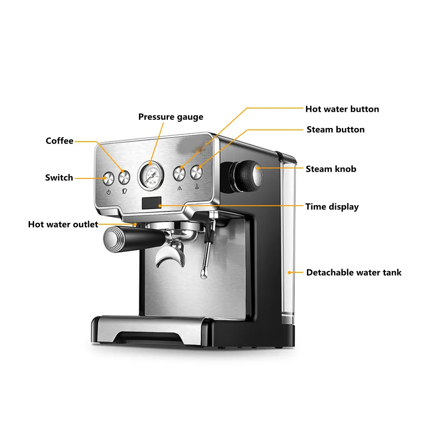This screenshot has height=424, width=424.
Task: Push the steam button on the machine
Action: [x=197, y=173]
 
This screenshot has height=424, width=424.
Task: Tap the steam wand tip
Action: [x=202, y=275]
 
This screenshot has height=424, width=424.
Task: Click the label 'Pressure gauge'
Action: [x=171, y=117]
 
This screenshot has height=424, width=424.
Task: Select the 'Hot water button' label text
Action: [x=342, y=109]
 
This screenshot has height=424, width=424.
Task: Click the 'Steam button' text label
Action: [x=335, y=130]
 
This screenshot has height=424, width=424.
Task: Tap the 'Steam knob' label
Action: [x=331, y=169]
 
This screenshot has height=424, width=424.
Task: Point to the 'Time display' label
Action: [x=332, y=207]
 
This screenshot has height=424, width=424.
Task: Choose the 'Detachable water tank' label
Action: [x=354, y=273]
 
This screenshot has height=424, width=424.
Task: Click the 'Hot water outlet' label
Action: [x=63, y=224]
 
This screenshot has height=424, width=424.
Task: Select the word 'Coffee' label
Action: [x=59, y=141]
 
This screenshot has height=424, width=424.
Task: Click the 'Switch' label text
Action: [x=59, y=178]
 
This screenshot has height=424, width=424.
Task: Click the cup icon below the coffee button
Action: [x=125, y=191]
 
